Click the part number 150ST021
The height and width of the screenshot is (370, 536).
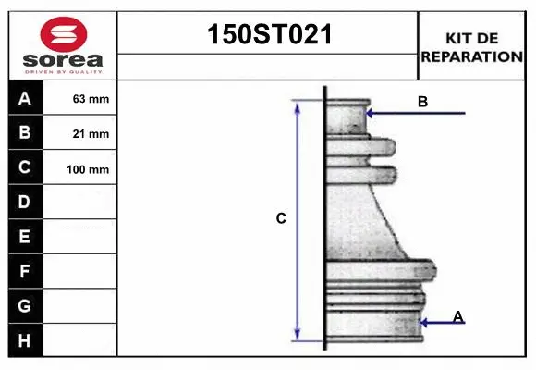(267, 35)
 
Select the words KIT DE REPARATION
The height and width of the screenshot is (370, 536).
(471, 47)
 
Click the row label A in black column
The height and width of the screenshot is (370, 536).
(25, 98)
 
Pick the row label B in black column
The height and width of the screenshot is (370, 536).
(25, 133)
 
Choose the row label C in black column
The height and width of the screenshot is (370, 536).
(25, 168)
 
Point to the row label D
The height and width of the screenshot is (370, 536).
(25, 202)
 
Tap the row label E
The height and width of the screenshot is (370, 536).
(25, 237)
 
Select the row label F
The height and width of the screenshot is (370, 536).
(25, 272)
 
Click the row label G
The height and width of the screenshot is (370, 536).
(25, 305)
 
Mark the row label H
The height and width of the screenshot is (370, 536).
(25, 340)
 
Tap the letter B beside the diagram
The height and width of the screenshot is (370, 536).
(422, 102)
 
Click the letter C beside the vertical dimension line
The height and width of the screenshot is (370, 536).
(281, 219)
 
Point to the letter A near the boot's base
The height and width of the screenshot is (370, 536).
(457, 317)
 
